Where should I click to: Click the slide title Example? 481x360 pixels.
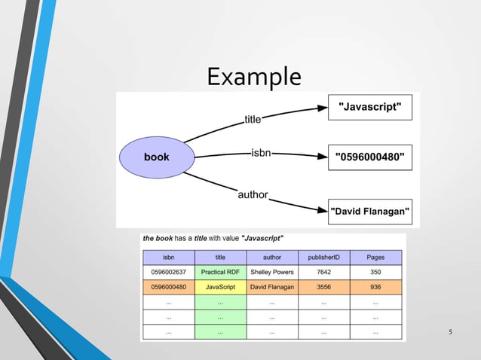pyautogui.click(x=253, y=77)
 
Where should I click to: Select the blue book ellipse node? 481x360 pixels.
pyautogui.click(x=158, y=157)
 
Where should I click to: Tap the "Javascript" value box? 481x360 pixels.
pyautogui.click(x=370, y=108)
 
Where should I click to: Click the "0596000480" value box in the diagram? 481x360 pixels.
pyautogui.click(x=370, y=157)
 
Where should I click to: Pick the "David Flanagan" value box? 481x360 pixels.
pyautogui.click(x=370, y=212)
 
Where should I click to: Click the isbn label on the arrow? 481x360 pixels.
pyautogui.click(x=261, y=154)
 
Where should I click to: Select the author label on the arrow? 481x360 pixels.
pyautogui.click(x=253, y=194)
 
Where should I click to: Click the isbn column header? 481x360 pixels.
pyautogui.click(x=168, y=258)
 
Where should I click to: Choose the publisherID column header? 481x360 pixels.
pyautogui.click(x=323, y=258)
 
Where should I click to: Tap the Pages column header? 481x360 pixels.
pyautogui.click(x=375, y=258)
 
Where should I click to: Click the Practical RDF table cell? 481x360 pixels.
pyautogui.click(x=220, y=272)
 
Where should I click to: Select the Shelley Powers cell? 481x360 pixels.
pyautogui.click(x=271, y=272)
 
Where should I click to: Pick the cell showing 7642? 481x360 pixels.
pyautogui.click(x=323, y=272)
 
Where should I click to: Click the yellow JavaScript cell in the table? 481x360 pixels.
pyautogui.click(x=220, y=287)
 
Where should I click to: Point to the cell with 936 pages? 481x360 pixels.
pyautogui.click(x=375, y=287)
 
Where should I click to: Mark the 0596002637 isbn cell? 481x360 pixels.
pyautogui.click(x=168, y=272)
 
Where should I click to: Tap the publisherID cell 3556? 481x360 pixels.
pyautogui.click(x=323, y=287)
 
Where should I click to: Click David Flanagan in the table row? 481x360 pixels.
pyautogui.click(x=271, y=287)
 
